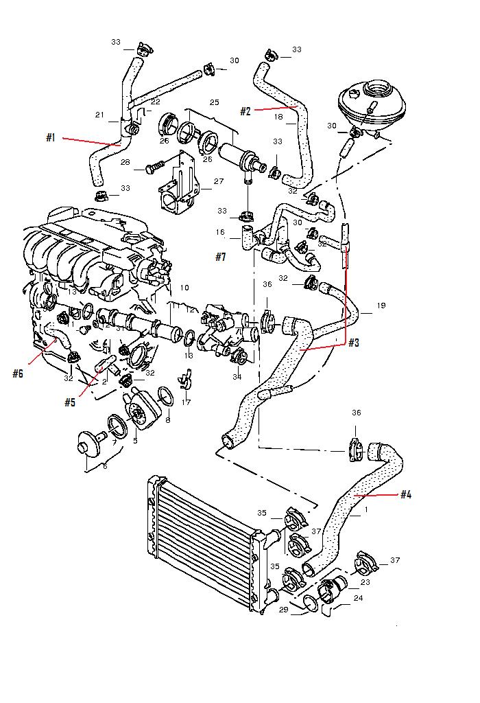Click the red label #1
(51, 137)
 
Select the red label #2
(245, 111)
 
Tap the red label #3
(354, 342)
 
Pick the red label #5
(70, 402)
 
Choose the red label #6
(18, 373)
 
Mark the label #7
(220, 257)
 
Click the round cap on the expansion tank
(377, 89)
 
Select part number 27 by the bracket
(219, 182)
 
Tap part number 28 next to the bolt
(125, 163)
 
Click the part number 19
(381, 306)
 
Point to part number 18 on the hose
(278, 117)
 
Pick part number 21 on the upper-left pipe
(99, 115)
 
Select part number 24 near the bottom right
(359, 597)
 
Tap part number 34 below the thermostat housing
(237, 377)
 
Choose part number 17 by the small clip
(187, 402)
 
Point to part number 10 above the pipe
(184, 288)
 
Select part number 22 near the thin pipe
(156, 102)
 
